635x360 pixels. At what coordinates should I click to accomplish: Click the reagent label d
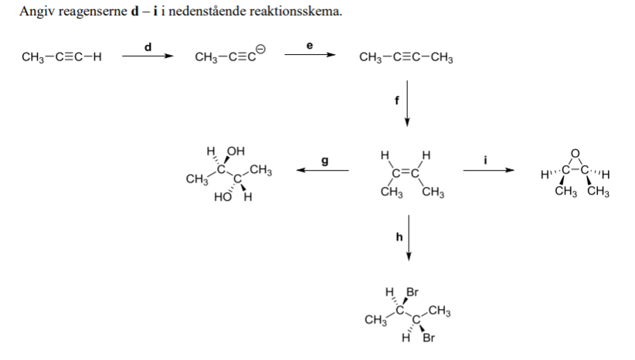click(x=148, y=46)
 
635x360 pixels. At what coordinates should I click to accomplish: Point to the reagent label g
click(x=324, y=161)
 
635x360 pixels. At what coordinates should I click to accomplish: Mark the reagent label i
click(x=486, y=160)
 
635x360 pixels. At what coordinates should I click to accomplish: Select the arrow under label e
click(x=310, y=56)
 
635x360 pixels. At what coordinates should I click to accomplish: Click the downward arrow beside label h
click(x=408, y=239)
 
